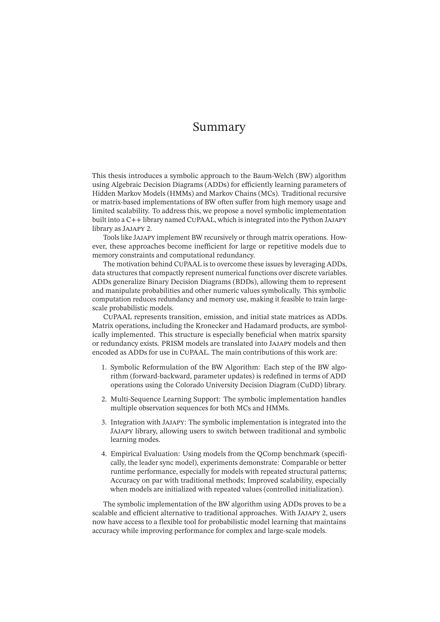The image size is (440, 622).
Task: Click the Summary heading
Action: tap(219, 127)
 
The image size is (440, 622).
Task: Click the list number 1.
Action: tap(104, 367)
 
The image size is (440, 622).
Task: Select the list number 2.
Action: tap(104, 399)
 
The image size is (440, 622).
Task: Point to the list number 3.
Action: tap(104, 422)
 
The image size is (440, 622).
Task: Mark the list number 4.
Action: tap(104, 454)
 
